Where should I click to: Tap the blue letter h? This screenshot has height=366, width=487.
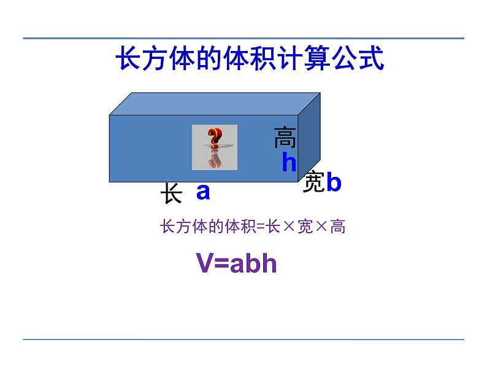click(288, 162)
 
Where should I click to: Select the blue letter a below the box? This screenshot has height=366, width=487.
click(203, 192)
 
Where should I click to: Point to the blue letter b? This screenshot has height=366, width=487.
click(333, 182)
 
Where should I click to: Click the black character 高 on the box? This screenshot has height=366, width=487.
click(285, 138)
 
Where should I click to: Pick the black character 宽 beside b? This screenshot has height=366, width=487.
click(313, 182)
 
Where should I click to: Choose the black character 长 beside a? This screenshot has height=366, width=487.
click(171, 193)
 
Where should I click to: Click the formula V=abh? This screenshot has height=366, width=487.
click(237, 263)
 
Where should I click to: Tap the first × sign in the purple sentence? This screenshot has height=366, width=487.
click(288, 227)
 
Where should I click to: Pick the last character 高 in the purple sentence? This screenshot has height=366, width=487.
click(337, 227)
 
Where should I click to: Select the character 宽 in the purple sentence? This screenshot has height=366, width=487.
click(304, 227)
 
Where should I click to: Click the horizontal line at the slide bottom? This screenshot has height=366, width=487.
click(243, 339)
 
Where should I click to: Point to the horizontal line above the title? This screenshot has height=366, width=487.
click(243, 38)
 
